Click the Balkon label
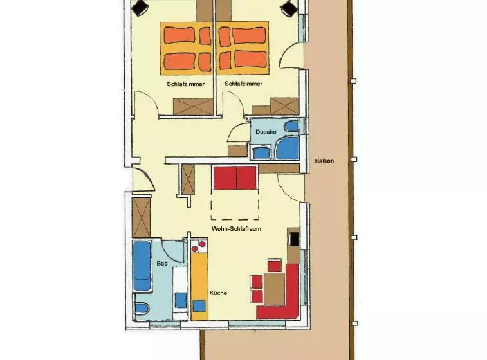(324, 161)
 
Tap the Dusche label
(266, 132)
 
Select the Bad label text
(162, 263)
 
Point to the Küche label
(218, 292)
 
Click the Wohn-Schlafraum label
(236, 229)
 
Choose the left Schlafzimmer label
(186, 84)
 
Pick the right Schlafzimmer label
(243, 84)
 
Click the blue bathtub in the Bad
(142, 266)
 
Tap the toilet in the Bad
(142, 308)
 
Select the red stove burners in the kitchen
(199, 246)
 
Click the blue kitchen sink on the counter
(199, 306)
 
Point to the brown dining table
(274, 289)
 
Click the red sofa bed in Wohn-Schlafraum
(235, 177)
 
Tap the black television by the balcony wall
(294, 239)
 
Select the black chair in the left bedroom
(140, 7)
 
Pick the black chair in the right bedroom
(289, 8)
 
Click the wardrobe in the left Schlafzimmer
(193, 107)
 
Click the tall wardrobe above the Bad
(141, 217)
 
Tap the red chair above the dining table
(274, 265)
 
